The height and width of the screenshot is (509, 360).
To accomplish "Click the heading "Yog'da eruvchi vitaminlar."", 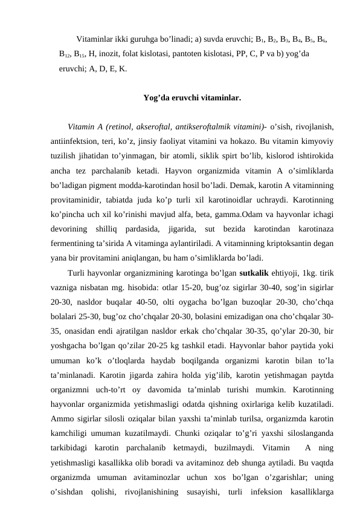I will point(193,97).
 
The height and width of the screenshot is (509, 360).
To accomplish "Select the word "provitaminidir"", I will point(76,203).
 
